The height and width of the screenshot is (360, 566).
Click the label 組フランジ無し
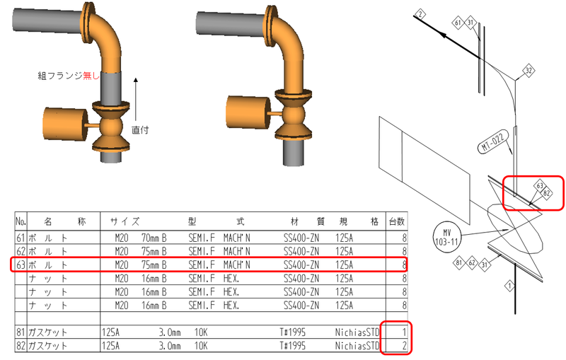click(x=69, y=76)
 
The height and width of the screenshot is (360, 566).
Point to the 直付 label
click(x=140, y=130)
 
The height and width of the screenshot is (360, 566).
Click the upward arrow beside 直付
click(x=136, y=99)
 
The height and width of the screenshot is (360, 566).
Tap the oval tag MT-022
click(x=493, y=141)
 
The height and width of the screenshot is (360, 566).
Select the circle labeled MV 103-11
click(x=447, y=237)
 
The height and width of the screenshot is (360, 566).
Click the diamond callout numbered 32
click(x=529, y=70)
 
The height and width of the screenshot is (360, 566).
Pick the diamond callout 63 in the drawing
click(x=540, y=186)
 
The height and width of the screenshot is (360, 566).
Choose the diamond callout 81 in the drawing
click(x=458, y=262)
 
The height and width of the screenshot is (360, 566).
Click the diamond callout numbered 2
click(x=420, y=14)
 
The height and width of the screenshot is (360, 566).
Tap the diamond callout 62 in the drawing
click(x=472, y=262)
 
